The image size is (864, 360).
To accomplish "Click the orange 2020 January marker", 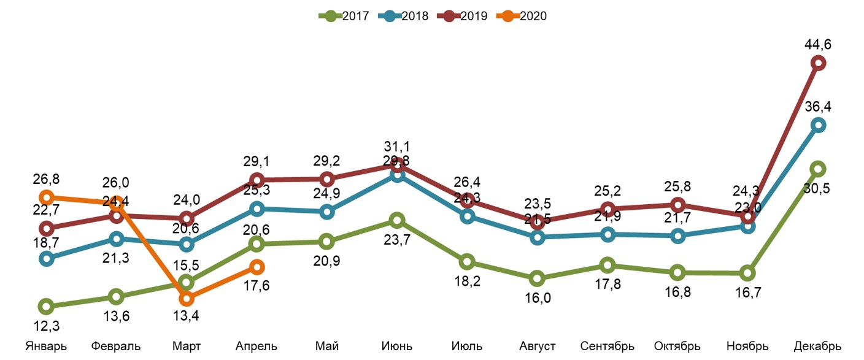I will click(x=46, y=197).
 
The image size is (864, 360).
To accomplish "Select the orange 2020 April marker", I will click(x=257, y=267).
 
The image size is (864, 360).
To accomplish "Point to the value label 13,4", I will click(x=187, y=316).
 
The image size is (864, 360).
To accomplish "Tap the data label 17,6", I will click(x=257, y=285).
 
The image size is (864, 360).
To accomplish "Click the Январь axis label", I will click(x=46, y=346).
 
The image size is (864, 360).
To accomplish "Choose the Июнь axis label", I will click(x=396, y=346).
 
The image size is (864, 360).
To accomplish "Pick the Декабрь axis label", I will click(x=817, y=346).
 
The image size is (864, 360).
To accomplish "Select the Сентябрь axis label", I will click(x=607, y=346).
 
